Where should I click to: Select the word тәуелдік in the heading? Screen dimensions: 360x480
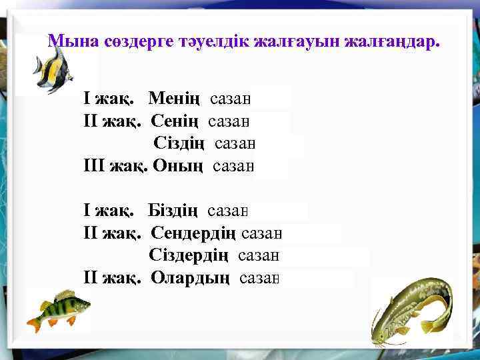pos(210,41)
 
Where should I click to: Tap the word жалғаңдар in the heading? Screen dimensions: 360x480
pos(391,41)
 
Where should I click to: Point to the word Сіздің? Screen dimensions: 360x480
pos(181,143)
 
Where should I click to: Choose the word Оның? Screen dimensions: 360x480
pos(179,165)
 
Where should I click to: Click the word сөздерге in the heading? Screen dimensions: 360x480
pos(139,41)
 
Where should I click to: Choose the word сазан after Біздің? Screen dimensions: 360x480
pos(228,212)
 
